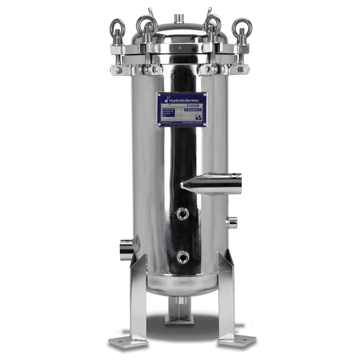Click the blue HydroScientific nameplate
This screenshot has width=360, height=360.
(x=181, y=109)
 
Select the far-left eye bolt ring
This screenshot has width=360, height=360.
(x=117, y=26)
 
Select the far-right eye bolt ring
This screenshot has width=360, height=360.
(x=242, y=26)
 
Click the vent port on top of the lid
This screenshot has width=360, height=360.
(x=180, y=18)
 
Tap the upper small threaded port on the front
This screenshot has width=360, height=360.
(x=182, y=213)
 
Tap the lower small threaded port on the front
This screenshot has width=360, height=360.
(x=182, y=257)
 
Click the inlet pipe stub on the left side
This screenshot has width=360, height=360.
(x=127, y=248)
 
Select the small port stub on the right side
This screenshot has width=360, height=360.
(x=232, y=223)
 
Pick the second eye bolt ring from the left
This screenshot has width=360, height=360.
(x=146, y=24)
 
